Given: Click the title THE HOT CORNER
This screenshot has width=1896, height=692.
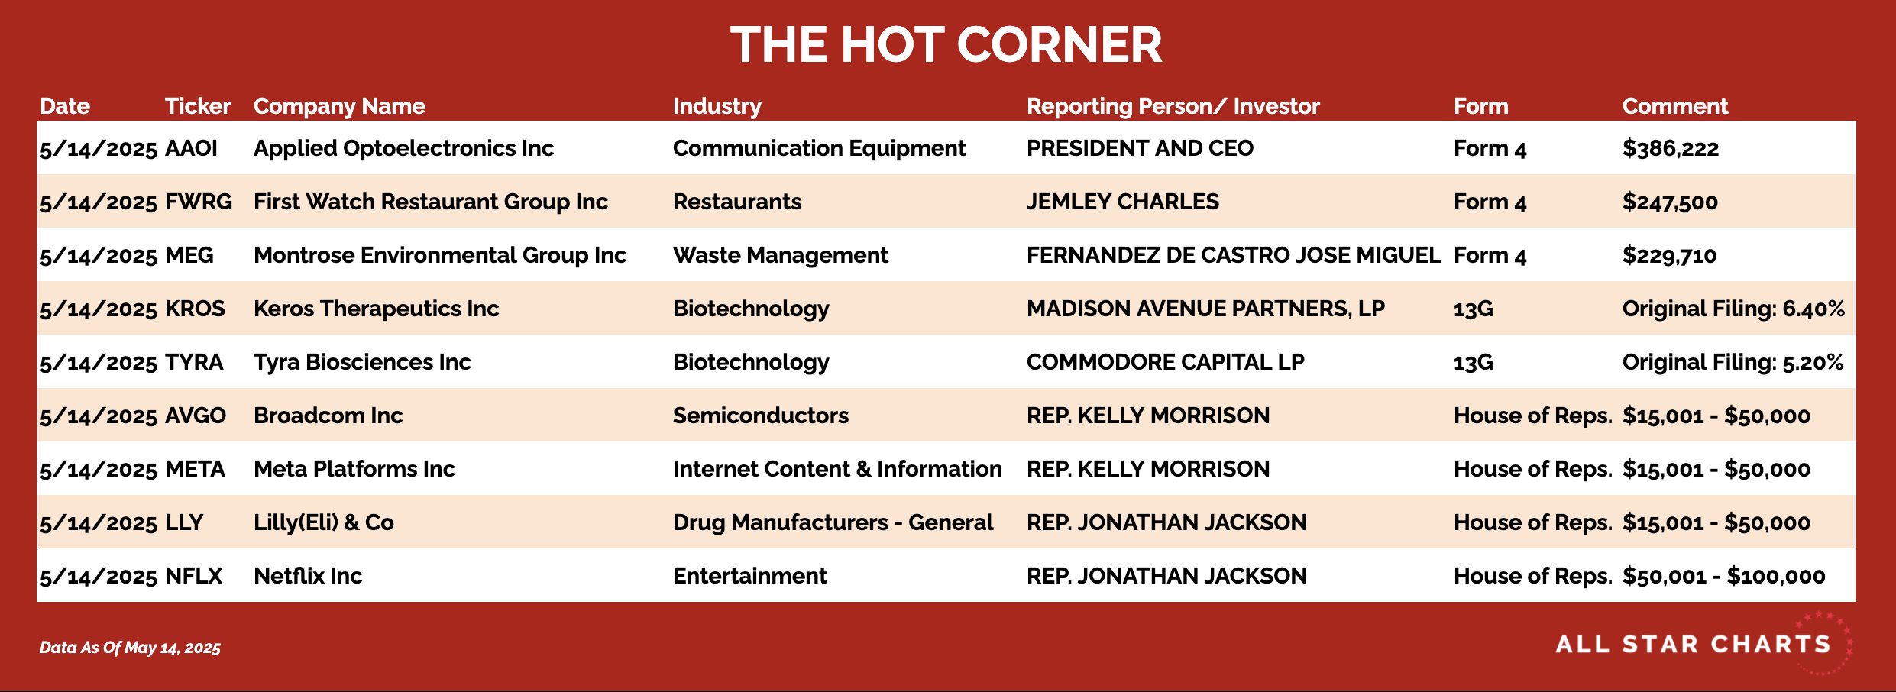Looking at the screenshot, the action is (x=946, y=44).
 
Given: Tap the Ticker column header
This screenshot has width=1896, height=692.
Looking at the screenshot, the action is (x=198, y=106).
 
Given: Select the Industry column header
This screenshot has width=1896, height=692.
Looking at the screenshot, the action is (x=717, y=107).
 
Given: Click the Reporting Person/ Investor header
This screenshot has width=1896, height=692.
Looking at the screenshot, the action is (x=1173, y=107).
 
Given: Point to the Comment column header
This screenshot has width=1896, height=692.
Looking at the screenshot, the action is (x=1675, y=106).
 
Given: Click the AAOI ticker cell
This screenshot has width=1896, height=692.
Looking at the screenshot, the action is (x=191, y=148).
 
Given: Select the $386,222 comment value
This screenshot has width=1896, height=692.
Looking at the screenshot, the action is (x=1671, y=148).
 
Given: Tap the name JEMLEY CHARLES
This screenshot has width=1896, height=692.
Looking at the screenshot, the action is (x=1123, y=202).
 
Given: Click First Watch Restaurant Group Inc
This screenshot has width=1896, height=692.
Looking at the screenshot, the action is (x=431, y=202).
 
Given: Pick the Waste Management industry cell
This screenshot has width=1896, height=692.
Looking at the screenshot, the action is (x=781, y=256).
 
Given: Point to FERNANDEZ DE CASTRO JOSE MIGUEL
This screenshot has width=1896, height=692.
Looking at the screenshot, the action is (x=1234, y=255).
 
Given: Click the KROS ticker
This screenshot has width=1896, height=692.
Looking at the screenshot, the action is (x=195, y=309).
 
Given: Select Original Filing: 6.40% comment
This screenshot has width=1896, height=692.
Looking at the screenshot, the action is (x=1733, y=309).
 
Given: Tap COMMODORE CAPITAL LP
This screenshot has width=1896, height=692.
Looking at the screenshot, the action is (x=1166, y=362).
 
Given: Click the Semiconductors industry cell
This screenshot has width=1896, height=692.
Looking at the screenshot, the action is (x=761, y=416).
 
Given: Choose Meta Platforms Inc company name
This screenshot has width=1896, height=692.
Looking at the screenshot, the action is (x=354, y=469).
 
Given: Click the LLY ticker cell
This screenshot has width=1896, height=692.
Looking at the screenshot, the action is (x=184, y=522).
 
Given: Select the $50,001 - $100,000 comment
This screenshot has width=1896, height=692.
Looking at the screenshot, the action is (x=1724, y=577).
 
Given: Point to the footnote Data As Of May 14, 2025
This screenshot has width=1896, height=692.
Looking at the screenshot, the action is (x=130, y=648).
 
